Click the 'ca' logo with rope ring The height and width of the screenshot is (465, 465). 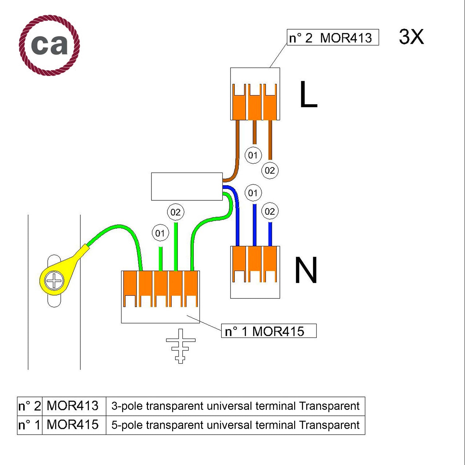coord(49,45)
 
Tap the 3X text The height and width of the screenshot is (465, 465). coord(411,37)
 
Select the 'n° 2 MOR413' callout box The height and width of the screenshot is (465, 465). coord(333,38)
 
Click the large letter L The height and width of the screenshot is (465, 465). coord(308,94)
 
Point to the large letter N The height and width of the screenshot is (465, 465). coord(306,270)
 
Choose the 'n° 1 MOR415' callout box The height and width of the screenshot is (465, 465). coord(268,331)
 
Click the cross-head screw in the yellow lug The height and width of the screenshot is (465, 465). coord(54,281)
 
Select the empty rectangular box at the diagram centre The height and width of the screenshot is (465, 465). coord(187,186)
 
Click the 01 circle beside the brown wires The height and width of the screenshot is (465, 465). coord(253,155)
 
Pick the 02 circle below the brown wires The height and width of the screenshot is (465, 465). coord(270,170)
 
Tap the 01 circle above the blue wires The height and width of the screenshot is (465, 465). coord(253,193)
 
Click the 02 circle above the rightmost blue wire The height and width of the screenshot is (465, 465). coord(270,211)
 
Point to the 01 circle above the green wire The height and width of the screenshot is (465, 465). coord(160,233)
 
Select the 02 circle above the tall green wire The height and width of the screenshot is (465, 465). coord(175,212)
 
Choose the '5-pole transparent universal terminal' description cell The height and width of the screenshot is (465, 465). coord(235,425)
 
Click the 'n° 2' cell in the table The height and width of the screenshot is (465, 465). coord(29,406)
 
